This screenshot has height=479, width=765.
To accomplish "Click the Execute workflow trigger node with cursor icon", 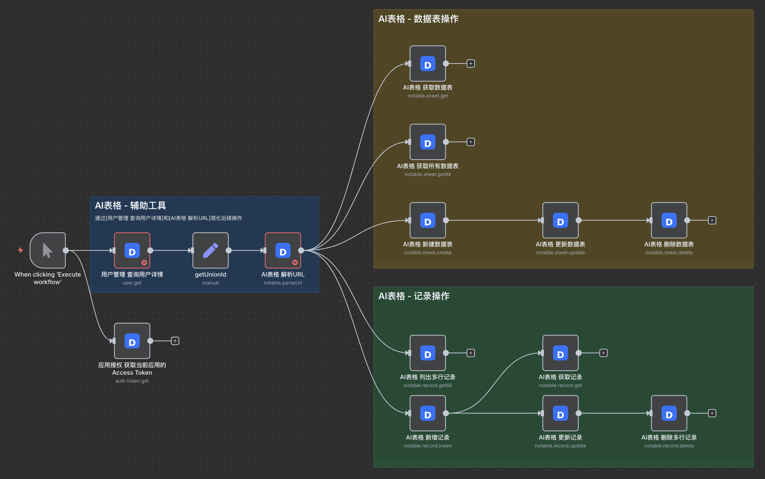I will [x=47, y=250].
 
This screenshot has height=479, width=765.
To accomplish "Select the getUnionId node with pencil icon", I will [x=210, y=250].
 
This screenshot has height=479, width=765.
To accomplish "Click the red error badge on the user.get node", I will [x=144, y=262].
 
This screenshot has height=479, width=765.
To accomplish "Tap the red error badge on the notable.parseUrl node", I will [x=295, y=262].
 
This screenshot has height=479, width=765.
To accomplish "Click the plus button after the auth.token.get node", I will [x=175, y=341].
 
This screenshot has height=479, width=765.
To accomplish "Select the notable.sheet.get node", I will [x=427, y=64].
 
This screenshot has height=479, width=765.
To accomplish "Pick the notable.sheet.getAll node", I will [x=427, y=142].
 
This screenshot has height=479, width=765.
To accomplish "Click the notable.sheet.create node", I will [x=427, y=220].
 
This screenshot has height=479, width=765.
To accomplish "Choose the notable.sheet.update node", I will [x=560, y=220].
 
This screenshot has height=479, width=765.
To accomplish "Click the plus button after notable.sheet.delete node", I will [x=712, y=220].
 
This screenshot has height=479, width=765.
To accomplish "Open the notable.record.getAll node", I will [x=427, y=353].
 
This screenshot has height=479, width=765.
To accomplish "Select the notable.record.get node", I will [x=560, y=353].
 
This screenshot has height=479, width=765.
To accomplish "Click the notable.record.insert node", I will [x=427, y=413].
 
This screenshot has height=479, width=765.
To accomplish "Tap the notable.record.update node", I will [x=560, y=413].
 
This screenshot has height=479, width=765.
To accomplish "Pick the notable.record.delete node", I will [x=669, y=413].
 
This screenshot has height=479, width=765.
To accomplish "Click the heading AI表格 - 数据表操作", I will [x=418, y=19].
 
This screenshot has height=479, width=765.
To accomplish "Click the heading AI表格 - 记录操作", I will [x=414, y=296].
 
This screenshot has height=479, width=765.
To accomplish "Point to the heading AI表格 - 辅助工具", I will [x=130, y=206].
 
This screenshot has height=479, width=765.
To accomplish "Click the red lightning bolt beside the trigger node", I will [x=21, y=250].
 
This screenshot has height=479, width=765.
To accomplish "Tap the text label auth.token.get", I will [x=132, y=381].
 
